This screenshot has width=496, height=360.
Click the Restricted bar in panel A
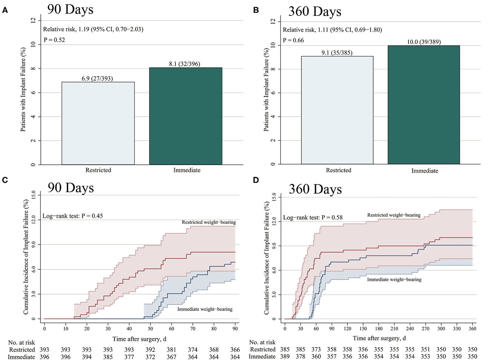tap(98, 123)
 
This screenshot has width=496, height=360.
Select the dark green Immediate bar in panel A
tap(186, 116)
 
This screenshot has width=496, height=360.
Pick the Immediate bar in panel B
tap(424, 105)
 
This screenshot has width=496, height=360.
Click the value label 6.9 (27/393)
tap(97, 78)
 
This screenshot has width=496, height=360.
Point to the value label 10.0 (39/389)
tap(424, 42)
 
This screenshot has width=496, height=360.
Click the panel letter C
tap(5, 180)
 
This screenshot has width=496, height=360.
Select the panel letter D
tap(256, 180)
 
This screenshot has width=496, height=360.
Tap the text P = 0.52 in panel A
tap(54, 40)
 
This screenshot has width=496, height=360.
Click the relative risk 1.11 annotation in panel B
tap(332, 30)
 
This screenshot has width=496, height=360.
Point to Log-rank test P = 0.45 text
tap(72, 216)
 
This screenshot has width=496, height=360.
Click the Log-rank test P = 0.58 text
tap(313, 218)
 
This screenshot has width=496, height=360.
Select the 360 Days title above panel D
tap(315, 189)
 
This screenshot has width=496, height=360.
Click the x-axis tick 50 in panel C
tap(150, 328)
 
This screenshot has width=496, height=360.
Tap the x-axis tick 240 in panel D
tap(410, 328)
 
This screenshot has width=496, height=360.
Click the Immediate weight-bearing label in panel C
tap(205, 309)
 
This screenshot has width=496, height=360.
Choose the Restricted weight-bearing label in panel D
tap(394, 215)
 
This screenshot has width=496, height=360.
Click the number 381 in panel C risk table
tap(171, 350)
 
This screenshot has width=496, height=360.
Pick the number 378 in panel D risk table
tap(300, 357)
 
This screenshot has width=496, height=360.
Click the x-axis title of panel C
tap(139, 339)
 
